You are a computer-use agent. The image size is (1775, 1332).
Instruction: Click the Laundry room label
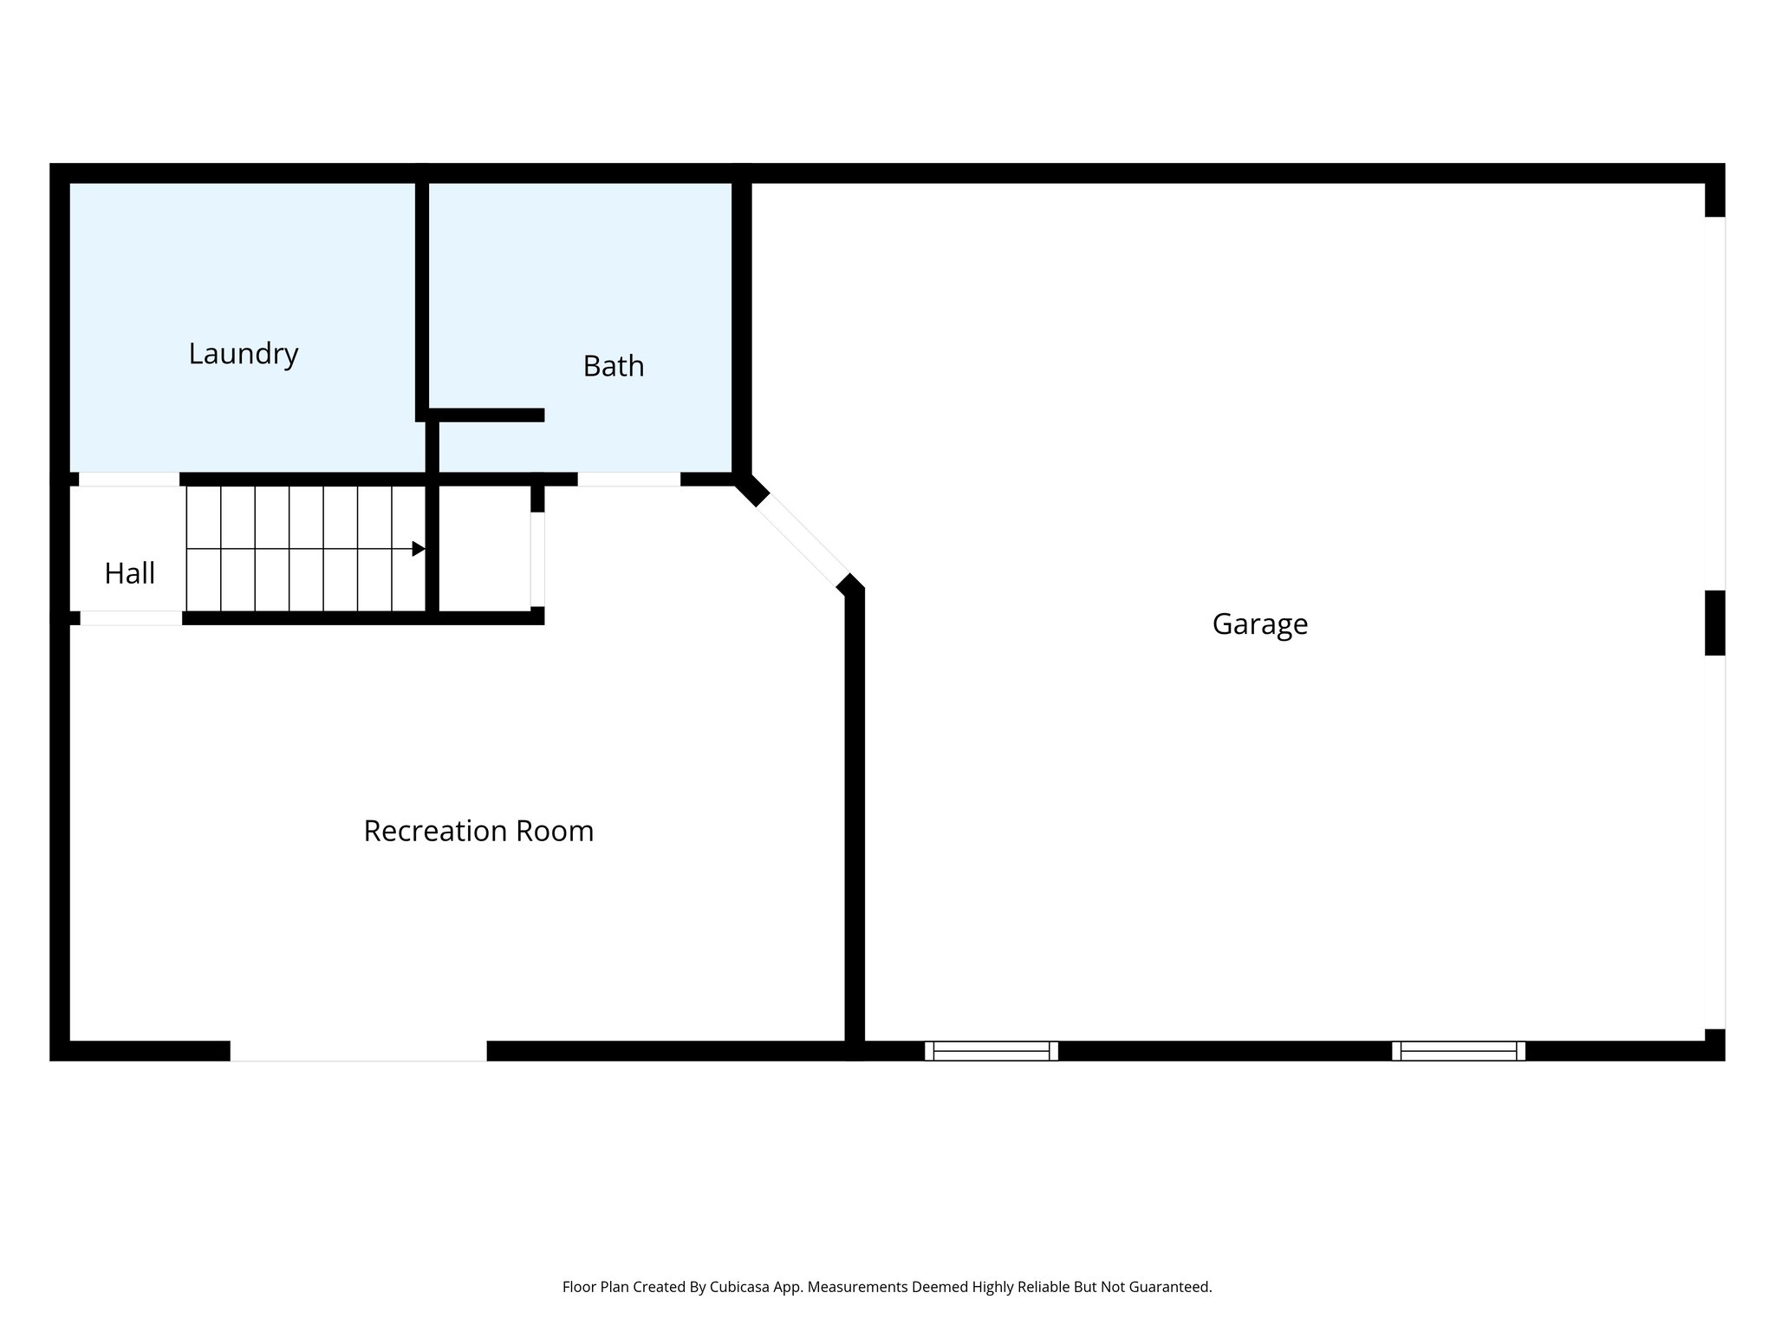pyautogui.click(x=244, y=354)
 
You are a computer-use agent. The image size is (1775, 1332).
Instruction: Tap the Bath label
pyautogui.click(x=614, y=366)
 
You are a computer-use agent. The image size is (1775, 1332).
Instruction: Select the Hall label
pyautogui.click(x=130, y=573)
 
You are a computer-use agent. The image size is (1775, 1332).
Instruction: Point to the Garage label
pyautogui.click(x=1259, y=624)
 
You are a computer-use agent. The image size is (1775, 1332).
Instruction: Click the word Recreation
pyautogui.click(x=436, y=831)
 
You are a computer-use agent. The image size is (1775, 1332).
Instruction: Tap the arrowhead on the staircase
pyautogui.click(x=419, y=549)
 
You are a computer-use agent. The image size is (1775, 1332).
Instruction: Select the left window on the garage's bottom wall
pyautogui.click(x=992, y=1051)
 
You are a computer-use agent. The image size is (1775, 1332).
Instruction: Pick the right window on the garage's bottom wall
pyautogui.click(x=1459, y=1051)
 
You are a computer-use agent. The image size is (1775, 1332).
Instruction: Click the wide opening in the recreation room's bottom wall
pyautogui.click(x=358, y=1051)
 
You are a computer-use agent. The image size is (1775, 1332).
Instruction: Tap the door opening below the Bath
pyautogui.click(x=629, y=480)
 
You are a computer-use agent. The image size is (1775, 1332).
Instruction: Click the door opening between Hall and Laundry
pyautogui.click(x=129, y=480)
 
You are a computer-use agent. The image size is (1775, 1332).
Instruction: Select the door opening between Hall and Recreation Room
pyautogui.click(x=131, y=618)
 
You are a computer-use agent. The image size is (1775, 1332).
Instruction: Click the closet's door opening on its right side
pyautogui.click(x=537, y=559)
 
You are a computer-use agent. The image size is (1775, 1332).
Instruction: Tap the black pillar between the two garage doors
pyautogui.click(x=1714, y=623)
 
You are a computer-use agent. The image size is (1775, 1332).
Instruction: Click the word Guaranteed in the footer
pyautogui.click(x=1168, y=1287)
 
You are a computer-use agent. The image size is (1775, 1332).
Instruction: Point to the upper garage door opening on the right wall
pyautogui.click(x=1714, y=403)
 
